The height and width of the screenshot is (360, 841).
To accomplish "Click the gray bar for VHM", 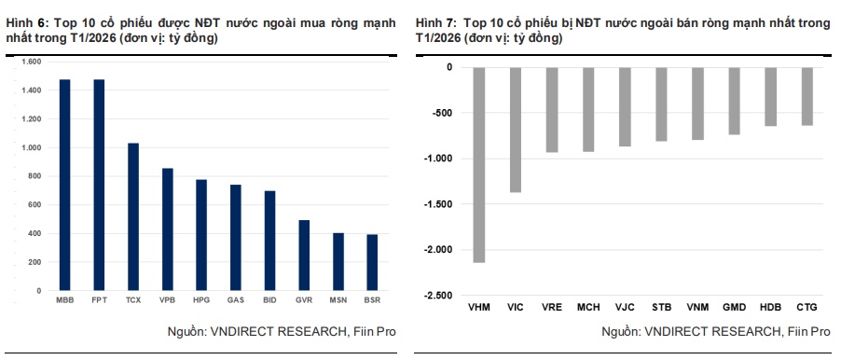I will (x=479, y=164).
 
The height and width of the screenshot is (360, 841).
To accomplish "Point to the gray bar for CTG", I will (x=807, y=96).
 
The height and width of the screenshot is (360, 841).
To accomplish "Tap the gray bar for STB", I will (x=661, y=104).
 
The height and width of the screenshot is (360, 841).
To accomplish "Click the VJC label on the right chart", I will (x=625, y=305).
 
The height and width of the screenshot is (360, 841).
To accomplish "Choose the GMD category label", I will (x=734, y=305).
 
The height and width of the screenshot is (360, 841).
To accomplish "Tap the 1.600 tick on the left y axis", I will (x=33, y=62).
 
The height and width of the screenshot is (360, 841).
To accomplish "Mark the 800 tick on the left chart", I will (x=35, y=176).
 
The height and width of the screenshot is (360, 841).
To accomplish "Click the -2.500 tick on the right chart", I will (x=436, y=296).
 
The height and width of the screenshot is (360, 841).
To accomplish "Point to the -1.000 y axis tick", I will (x=436, y=159).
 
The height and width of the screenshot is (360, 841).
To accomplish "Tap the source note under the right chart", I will (x=715, y=331).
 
